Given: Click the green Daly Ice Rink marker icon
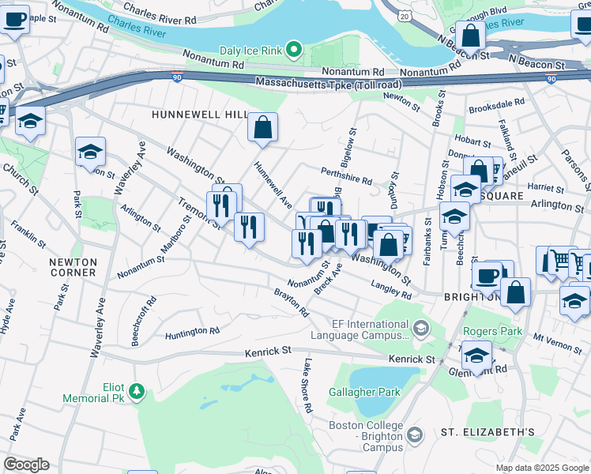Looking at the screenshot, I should [294, 50].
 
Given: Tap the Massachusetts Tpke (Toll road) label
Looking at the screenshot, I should [328, 83].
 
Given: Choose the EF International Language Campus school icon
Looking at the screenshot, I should [421, 327].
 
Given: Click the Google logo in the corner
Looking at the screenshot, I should [26, 465].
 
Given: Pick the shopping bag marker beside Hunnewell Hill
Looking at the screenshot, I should [262, 126].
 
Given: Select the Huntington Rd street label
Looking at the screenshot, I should [192, 333].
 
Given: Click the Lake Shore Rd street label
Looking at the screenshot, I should [307, 386].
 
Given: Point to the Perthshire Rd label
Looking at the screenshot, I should [346, 175].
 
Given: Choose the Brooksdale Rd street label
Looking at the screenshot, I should [496, 104].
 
